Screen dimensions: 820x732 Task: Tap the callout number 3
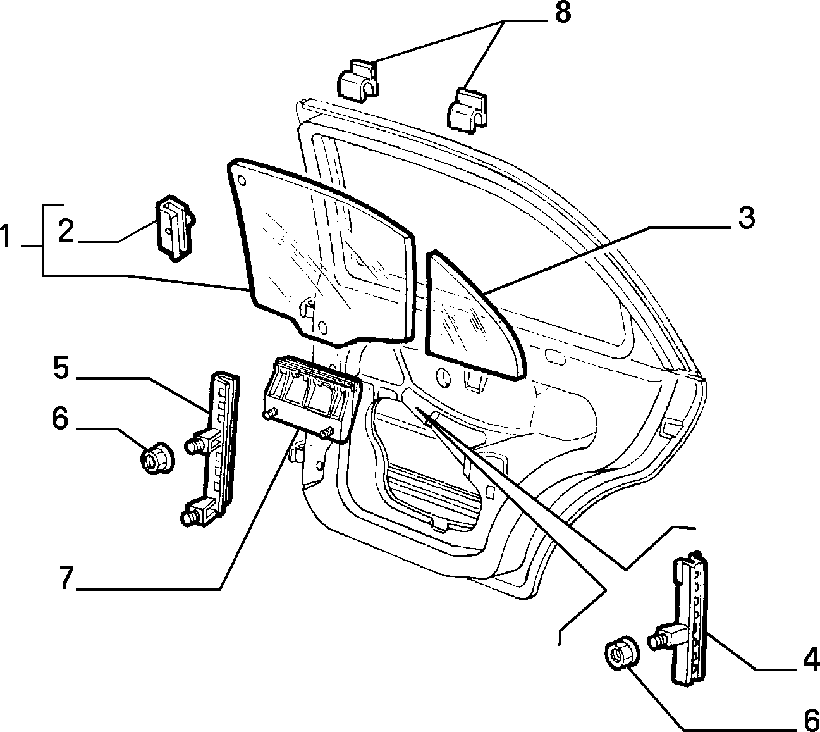coord(746,218)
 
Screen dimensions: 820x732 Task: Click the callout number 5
coord(61,368)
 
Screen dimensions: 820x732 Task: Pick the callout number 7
coord(66,577)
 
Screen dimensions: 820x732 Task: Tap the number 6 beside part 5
coord(60,419)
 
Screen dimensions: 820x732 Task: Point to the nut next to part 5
coord(157,458)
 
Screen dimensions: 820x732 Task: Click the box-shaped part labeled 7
coord(310,399)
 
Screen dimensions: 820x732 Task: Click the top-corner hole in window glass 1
coord(242,180)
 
